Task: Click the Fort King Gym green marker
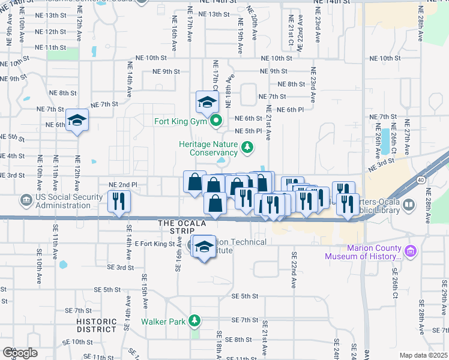point(216,122)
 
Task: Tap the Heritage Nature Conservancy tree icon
point(246,147)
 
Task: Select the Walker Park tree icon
point(194,321)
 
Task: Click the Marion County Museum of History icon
point(411,251)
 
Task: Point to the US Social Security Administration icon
point(26,199)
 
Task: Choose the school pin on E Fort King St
point(204,246)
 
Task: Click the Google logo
point(20,353)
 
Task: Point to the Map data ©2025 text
point(423,355)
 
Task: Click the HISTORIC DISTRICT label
point(97,325)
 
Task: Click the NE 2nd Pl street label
point(122,185)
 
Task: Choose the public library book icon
point(409,205)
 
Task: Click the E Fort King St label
point(154,244)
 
